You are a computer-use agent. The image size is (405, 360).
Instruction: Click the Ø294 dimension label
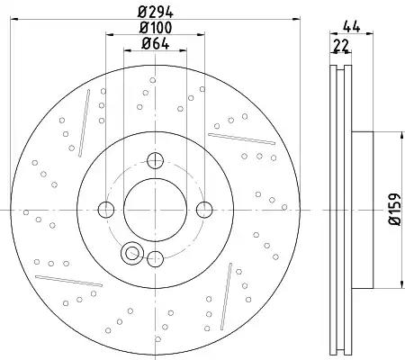156,13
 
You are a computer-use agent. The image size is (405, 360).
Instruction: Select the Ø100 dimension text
156,28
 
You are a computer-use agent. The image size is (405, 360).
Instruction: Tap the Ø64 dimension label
156,44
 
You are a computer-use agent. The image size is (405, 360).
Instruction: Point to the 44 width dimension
351,28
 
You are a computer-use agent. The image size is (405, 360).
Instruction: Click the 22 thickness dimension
342,45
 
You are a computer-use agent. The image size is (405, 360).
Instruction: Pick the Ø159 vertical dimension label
395,209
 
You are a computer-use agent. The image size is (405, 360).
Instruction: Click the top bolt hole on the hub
155,160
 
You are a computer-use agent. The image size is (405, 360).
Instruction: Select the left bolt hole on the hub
106,210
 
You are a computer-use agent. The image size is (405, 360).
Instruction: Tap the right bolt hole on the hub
204,210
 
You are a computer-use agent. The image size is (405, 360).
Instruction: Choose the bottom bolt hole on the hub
156,258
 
